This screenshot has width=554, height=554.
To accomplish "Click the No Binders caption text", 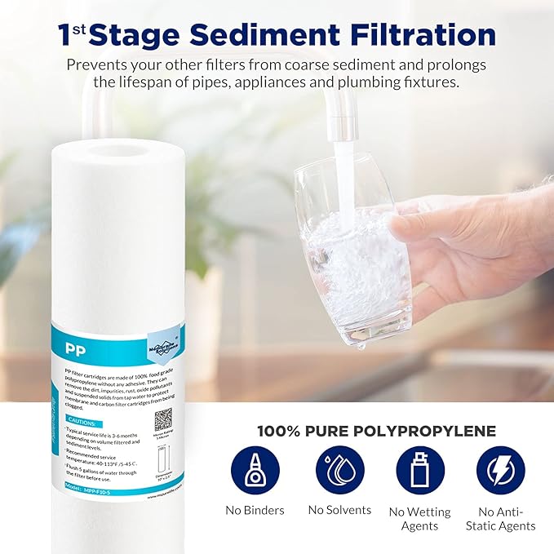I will [x=255, y=511].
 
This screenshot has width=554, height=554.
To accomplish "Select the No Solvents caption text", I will [x=339, y=510].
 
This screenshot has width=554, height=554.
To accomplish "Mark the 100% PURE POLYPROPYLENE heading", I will [x=377, y=432].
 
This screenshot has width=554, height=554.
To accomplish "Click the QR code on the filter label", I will [x=163, y=420].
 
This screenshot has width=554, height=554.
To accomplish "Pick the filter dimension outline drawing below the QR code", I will [x=162, y=459].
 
